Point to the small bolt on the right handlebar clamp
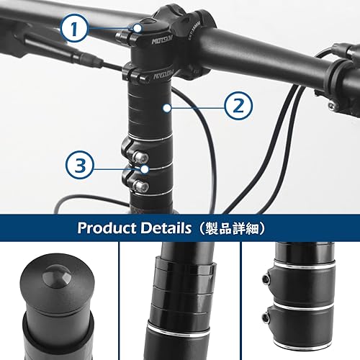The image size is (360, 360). coord(332,106)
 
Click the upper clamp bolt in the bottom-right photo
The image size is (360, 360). coord(266,278)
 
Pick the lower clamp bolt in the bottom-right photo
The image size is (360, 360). coord(266,317)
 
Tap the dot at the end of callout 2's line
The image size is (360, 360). coord(166,107)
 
